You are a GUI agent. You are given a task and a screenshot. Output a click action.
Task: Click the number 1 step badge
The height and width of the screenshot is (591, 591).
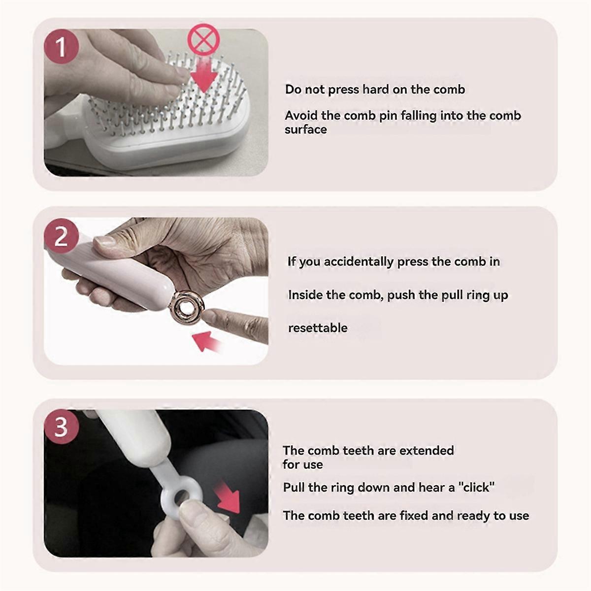62,47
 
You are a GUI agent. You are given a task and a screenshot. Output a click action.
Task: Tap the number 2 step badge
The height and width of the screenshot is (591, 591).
62,236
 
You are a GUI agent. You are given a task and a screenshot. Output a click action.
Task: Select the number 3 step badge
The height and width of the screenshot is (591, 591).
62,427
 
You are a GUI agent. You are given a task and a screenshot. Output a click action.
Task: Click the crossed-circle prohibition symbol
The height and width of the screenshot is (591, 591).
204,39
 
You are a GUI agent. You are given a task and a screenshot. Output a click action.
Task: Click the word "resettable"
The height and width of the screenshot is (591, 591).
318,328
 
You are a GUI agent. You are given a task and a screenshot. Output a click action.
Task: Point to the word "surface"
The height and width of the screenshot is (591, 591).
305,130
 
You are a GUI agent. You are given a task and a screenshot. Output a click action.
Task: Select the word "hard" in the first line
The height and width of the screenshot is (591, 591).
376,89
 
